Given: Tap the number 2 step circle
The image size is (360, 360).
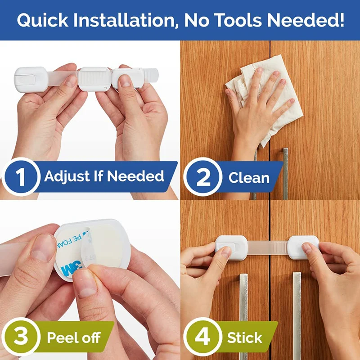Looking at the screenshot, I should click(203, 177).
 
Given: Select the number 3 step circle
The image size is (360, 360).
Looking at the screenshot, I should click(21, 337).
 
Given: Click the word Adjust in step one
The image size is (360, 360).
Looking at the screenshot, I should click(65, 176).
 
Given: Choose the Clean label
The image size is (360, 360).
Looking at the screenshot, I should click(248, 177).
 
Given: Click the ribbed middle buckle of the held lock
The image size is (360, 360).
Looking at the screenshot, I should click(94, 79).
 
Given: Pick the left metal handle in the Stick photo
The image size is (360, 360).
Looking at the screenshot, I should click(243, 306).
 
